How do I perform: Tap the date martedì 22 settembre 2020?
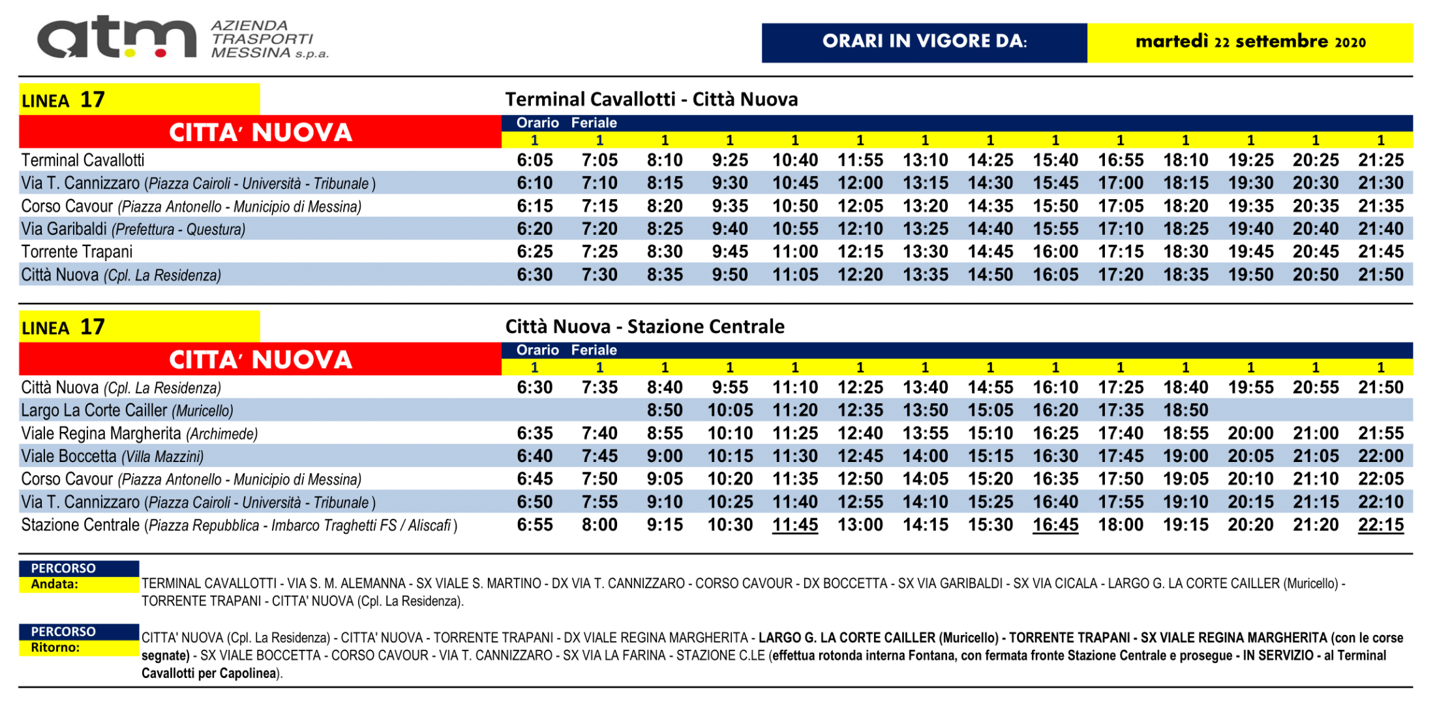click(x=1250, y=42)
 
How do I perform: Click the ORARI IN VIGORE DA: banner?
click(x=924, y=42)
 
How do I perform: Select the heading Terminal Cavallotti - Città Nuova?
click(x=652, y=99)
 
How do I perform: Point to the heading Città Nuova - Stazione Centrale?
click(x=645, y=326)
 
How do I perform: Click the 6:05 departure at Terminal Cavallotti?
click(x=535, y=161)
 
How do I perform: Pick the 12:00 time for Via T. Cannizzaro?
click(x=860, y=183)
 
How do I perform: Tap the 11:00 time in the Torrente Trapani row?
click(x=795, y=252)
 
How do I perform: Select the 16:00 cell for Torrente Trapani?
click(x=1055, y=252)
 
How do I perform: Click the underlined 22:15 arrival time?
click(x=1381, y=525)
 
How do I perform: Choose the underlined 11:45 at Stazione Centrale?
click(x=795, y=525)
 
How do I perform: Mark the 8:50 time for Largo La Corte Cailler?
click(x=665, y=410)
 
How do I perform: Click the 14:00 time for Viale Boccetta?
click(x=926, y=456)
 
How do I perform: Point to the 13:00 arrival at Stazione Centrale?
click(x=860, y=525)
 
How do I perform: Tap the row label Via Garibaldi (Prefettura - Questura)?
click(x=134, y=229)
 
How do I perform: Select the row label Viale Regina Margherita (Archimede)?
click(x=140, y=434)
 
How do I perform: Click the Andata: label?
click(x=55, y=584)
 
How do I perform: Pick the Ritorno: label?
click(x=55, y=647)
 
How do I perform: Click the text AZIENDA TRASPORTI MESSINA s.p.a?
click(x=270, y=39)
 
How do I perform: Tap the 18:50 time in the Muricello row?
click(x=1186, y=410)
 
